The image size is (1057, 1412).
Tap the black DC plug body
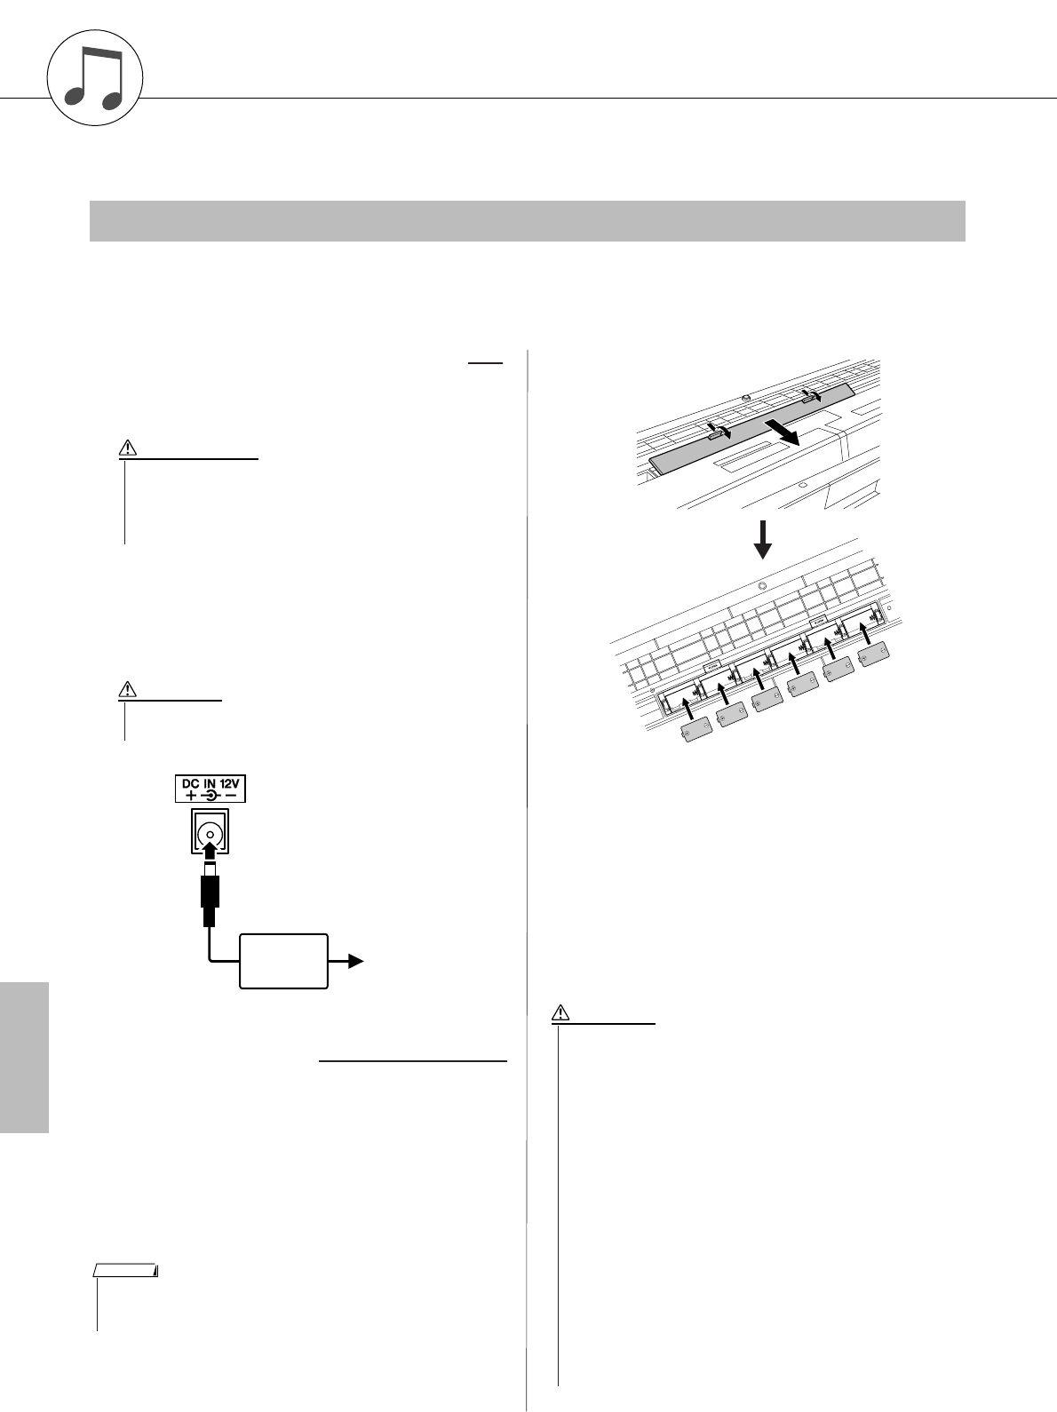pyautogui.click(x=210, y=893)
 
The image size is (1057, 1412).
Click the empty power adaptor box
pyautogui.click(x=283, y=961)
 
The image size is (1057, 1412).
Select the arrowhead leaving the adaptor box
pyautogui.click(x=354, y=960)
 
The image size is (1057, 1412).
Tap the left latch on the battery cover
pyautogui.click(x=717, y=431)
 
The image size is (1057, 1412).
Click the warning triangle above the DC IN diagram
pyautogui.click(x=128, y=689)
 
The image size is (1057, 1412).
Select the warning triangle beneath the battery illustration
pyautogui.click(x=560, y=1011)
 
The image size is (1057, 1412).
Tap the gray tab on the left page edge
pyautogui.click(x=24, y=1056)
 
